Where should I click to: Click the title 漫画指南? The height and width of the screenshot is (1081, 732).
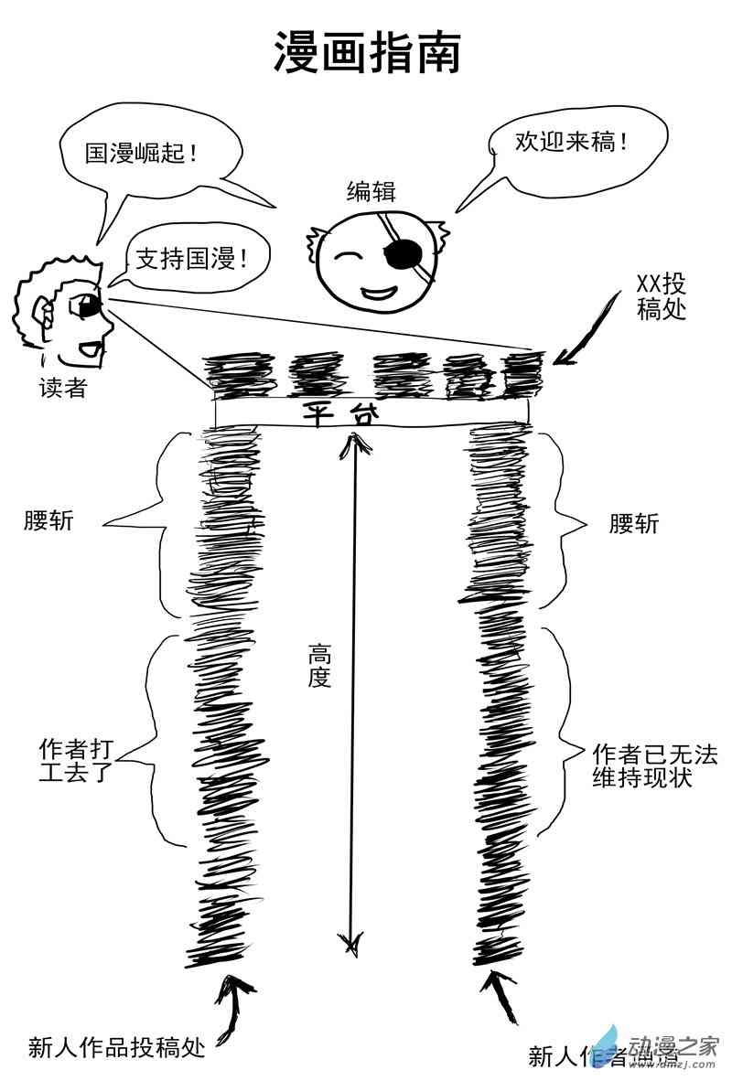point(367,54)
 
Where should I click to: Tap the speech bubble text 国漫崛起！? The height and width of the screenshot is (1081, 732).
point(143,152)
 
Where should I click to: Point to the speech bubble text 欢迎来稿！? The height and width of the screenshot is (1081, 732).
point(560,141)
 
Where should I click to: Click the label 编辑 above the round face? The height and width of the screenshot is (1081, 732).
point(371,191)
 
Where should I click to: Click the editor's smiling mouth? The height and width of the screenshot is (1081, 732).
point(378,293)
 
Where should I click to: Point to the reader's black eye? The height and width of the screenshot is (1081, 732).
point(90,308)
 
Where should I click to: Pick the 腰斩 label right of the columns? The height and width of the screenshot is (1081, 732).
point(633,524)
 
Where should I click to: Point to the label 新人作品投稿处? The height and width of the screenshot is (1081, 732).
point(116,1046)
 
